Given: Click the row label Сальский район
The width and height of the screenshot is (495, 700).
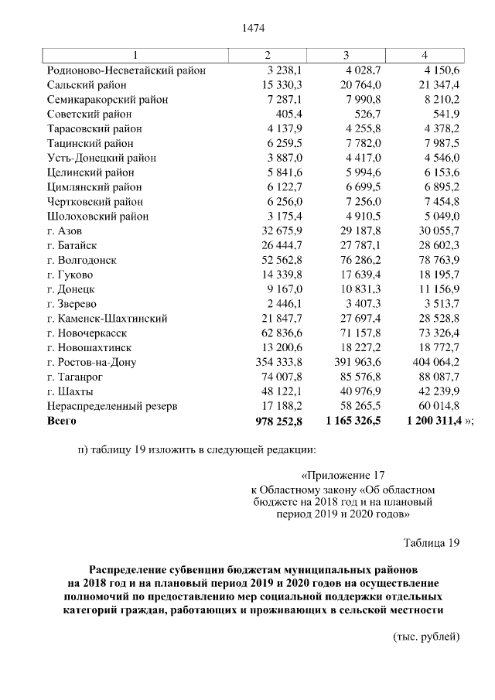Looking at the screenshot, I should click(x=87, y=85).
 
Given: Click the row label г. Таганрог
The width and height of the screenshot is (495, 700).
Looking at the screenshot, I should click(x=77, y=376).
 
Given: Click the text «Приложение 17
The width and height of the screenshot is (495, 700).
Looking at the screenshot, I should click(x=340, y=476).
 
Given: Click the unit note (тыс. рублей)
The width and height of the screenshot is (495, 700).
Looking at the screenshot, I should click(x=427, y=637).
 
